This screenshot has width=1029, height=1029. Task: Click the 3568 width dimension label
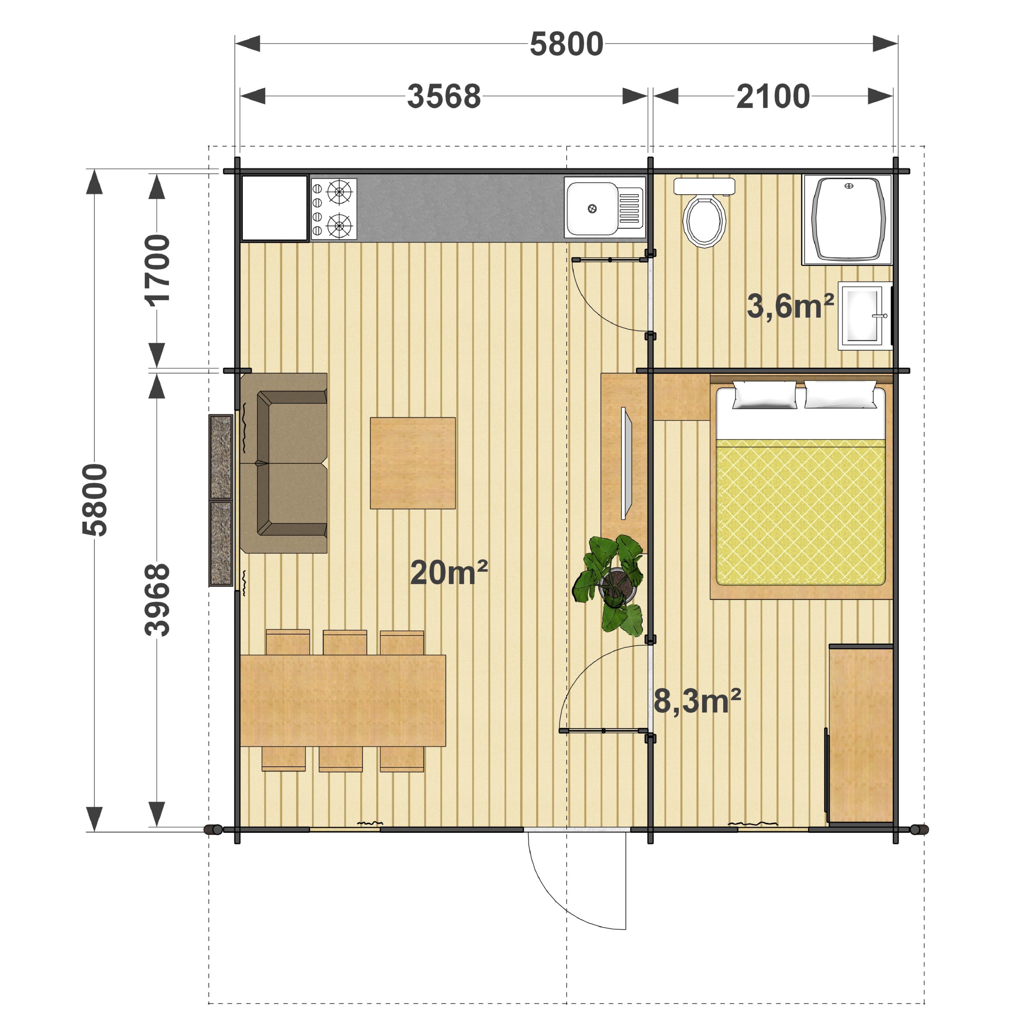444,96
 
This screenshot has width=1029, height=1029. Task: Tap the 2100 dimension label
773,96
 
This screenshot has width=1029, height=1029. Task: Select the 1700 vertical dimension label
158,271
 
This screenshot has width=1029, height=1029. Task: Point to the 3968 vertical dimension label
158,600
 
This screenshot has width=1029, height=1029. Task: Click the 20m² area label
449,572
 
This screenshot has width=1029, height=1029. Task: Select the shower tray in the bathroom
847,219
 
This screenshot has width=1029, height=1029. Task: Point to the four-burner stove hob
333,208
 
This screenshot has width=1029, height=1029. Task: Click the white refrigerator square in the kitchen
275,208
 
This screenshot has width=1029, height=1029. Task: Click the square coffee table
413,463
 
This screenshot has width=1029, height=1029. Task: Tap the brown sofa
284,463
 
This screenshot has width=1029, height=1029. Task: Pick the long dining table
343,700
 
